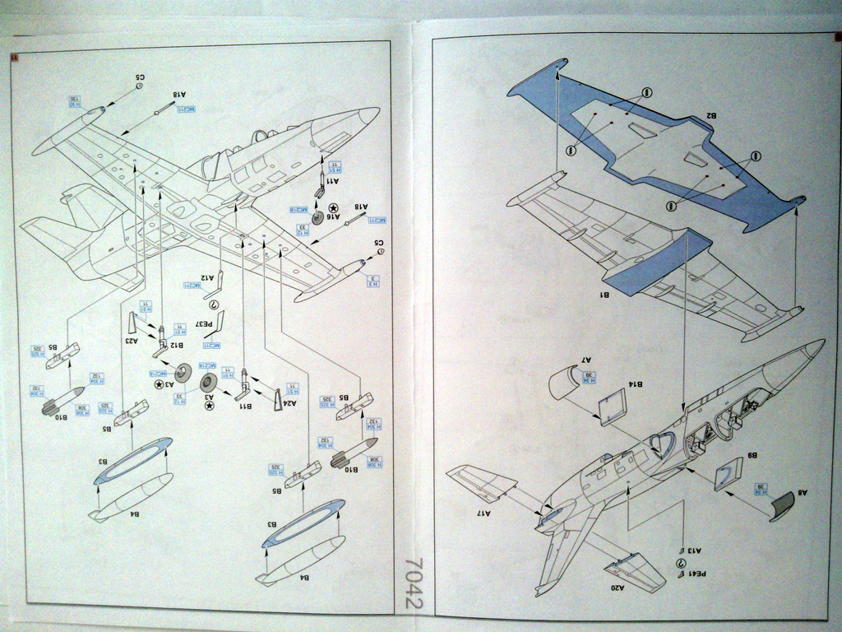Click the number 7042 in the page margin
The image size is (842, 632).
(414, 583)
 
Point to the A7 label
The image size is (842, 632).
(585, 360)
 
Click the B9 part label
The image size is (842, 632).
(752, 455)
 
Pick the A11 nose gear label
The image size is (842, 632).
(331, 179)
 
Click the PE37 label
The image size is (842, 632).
(208, 324)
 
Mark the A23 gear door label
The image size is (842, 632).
(130, 339)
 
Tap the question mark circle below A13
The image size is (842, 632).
(680, 563)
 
